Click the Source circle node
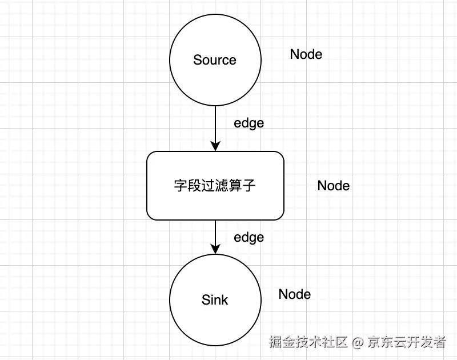(215, 80)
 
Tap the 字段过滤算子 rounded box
(215, 200)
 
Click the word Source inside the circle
(215, 60)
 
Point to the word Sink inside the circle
(215, 300)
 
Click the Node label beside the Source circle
(306, 54)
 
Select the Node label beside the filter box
(334, 186)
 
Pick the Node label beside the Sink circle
(295, 294)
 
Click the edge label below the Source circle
(249, 123)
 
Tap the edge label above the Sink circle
(249, 237)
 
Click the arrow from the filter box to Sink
(215, 234)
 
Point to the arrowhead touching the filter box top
(215, 146)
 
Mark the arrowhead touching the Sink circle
(215, 249)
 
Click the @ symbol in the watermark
(358, 342)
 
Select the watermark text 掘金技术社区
(309, 342)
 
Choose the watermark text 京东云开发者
(407, 342)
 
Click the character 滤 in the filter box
(215, 186)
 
